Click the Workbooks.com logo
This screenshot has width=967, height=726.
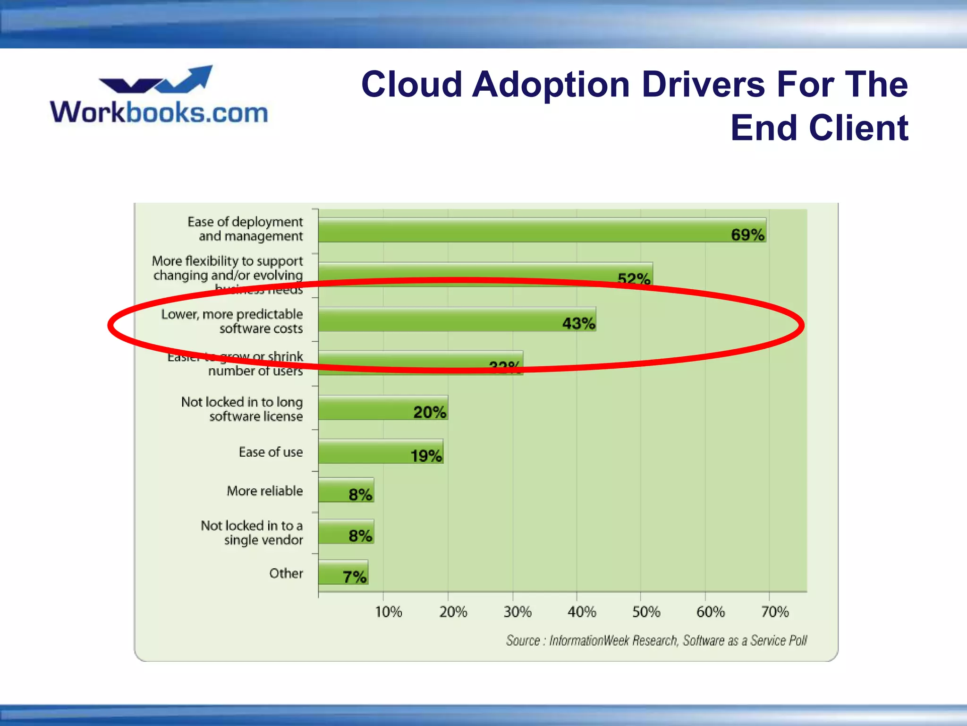159,97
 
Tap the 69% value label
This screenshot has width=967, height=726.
747,234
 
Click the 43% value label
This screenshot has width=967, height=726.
578,323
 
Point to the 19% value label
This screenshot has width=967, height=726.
426,456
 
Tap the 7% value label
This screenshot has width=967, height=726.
354,577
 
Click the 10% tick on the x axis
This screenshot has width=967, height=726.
388,612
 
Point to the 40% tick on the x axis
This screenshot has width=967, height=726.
581,612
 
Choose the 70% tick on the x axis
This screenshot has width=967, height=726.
774,612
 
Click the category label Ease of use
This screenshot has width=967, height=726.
271,452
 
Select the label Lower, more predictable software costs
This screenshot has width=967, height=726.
232,321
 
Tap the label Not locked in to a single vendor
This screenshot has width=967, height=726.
252,533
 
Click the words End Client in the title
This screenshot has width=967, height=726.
819,128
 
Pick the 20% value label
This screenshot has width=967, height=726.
430,412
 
